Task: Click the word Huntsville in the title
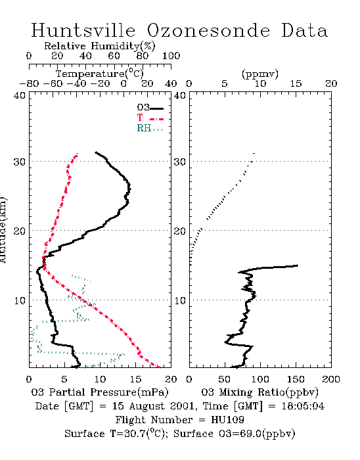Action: pyautogui.click(x=83, y=30)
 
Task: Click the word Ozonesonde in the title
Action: pyautogui.click(x=208, y=30)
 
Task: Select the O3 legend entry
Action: pyautogui.click(x=150, y=108)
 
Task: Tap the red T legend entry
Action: pyautogui.click(x=150, y=118)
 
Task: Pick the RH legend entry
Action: pyautogui.click(x=150, y=128)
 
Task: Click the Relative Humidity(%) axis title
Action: pyautogui.click(x=100, y=46)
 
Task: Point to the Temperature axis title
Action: pyautogui.click(x=100, y=74)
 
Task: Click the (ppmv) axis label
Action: pyautogui.click(x=260, y=74)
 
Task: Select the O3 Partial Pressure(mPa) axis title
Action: pyautogui.click(x=100, y=392)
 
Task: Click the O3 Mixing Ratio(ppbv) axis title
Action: pyautogui.click(x=259, y=392)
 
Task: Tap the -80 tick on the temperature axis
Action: pyautogui.click(x=29, y=84)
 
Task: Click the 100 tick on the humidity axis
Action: pyautogui.click(x=171, y=56)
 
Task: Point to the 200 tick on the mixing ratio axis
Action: pyautogui.click(x=331, y=379)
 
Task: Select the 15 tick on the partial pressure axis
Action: pyautogui.click(x=135, y=379)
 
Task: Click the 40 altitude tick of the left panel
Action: pyautogui.click(x=20, y=95)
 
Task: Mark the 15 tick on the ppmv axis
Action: pyautogui.click(x=296, y=84)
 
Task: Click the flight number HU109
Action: pyautogui.click(x=227, y=420)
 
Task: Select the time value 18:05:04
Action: pyautogui.click(x=303, y=406)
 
